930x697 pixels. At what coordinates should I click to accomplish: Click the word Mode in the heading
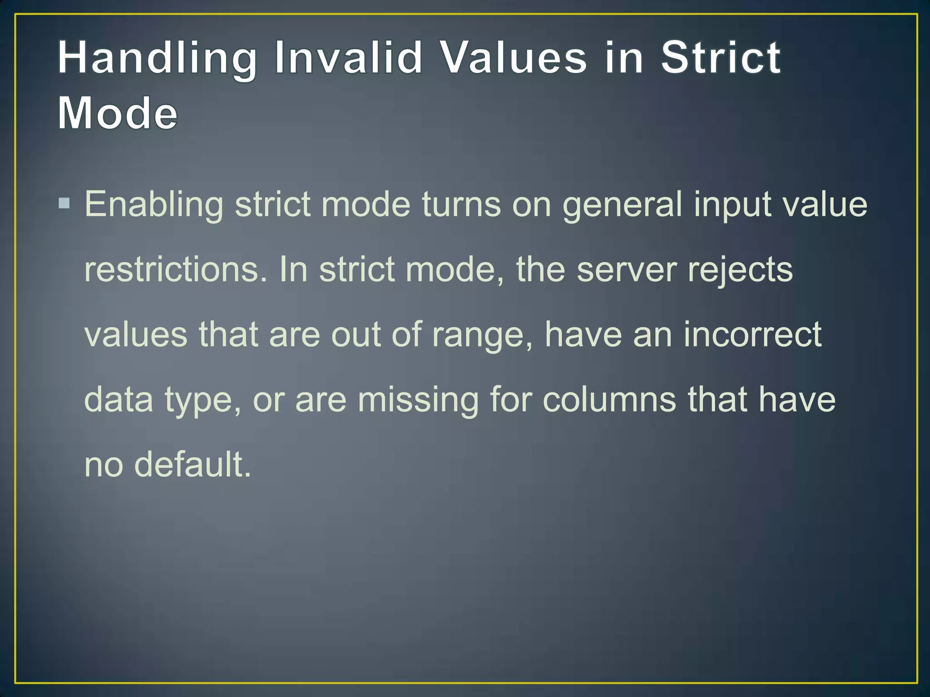117,113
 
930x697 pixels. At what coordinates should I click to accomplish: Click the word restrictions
176,270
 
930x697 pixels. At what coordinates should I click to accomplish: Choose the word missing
418,400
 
